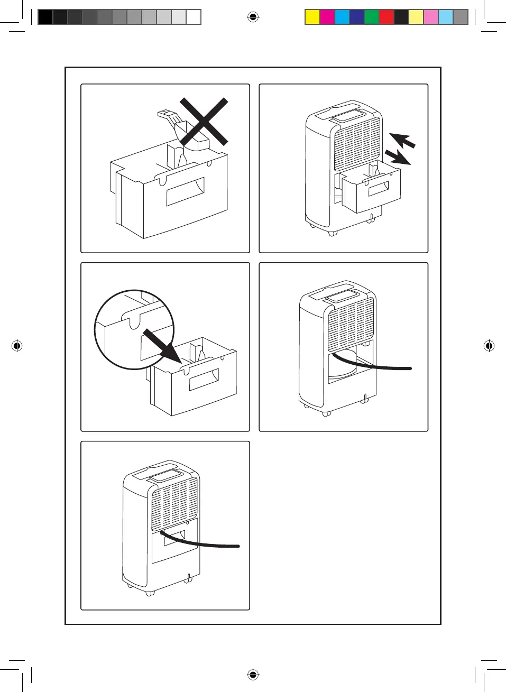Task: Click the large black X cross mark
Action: pyautogui.click(x=204, y=122)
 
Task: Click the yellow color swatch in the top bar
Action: pyautogui.click(x=312, y=17)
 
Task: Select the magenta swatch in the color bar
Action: pyautogui.click(x=327, y=17)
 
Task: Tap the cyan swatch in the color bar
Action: pyautogui.click(x=342, y=17)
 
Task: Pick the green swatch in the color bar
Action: pyautogui.click(x=372, y=17)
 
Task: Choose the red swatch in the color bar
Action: pyautogui.click(x=387, y=17)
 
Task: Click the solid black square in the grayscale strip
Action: pyautogui.click(x=45, y=17)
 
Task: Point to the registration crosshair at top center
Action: pyautogui.click(x=253, y=17)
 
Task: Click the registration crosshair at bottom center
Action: pyautogui.click(x=253, y=675)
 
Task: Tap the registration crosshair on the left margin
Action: pyautogui.click(x=17, y=346)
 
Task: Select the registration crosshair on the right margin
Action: pyautogui.click(x=489, y=346)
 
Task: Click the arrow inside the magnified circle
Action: pyautogui.click(x=163, y=346)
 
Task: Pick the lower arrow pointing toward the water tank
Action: pyautogui.click(x=397, y=157)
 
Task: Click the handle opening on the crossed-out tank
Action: pyautogui.click(x=185, y=191)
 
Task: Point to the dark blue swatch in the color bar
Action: pyautogui.click(x=357, y=17)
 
